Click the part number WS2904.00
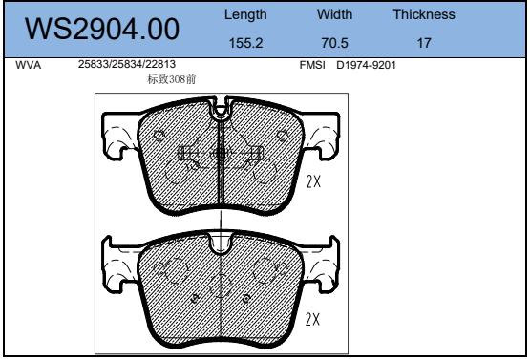[102, 29]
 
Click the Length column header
[245, 15]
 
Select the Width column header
[334, 14]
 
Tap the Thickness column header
[424, 14]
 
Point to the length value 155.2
[245, 43]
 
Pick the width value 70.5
[334, 43]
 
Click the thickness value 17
[424, 43]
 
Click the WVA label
[28, 65]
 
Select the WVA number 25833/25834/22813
[127, 64]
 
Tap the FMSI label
[312, 65]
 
